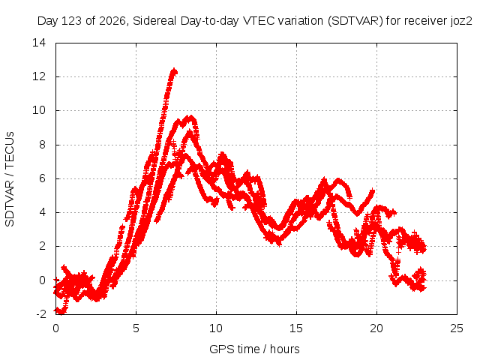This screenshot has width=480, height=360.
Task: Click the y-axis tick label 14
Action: pos(39,43)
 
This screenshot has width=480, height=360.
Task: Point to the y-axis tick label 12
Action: pos(39,76)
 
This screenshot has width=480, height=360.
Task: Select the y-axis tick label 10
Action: pos(39,110)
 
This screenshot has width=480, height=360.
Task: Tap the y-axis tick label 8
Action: pos(42,144)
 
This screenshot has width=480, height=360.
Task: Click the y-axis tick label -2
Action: pos(40,313)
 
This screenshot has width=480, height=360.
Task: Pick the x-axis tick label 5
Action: pos(136,328)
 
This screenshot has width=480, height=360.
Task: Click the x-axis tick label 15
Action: pos(296,328)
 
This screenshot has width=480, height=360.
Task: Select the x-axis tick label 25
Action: pos(457,328)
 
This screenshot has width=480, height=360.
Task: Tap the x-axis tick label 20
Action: pos(376,328)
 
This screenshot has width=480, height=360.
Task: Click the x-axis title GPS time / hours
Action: pos(254,349)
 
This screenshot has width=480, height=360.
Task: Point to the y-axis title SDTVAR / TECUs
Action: pos(10,179)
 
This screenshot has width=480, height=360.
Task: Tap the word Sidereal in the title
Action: pos(154,21)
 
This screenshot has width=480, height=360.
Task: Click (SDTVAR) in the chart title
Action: pos(355,21)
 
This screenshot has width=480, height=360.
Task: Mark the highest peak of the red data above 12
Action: pos(174,69)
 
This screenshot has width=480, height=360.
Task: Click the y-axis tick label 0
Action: pos(42,280)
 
